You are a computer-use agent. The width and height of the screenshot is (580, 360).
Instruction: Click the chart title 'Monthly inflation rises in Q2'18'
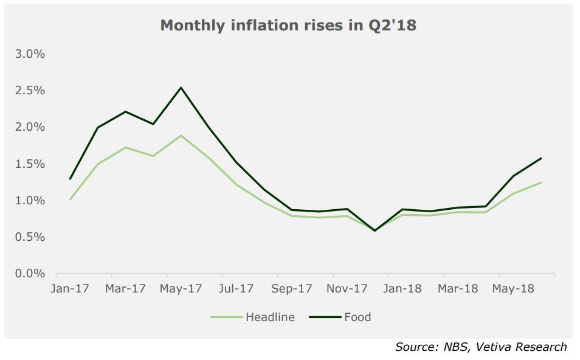(288, 26)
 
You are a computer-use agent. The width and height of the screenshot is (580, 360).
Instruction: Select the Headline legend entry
(253, 317)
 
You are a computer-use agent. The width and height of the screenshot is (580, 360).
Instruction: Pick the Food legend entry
(340, 317)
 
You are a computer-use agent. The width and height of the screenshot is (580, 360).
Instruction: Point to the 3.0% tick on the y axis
(30, 54)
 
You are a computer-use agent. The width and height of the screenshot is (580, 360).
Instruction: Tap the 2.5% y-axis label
(30, 91)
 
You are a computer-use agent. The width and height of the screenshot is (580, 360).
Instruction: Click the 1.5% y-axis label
(30, 164)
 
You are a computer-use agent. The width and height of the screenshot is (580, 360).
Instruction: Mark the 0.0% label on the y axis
(30, 274)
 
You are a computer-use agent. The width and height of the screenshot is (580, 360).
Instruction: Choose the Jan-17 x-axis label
(70, 289)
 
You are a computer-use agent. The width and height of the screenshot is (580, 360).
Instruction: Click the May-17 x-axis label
(181, 289)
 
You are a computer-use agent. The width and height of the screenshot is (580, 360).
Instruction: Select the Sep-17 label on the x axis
(291, 289)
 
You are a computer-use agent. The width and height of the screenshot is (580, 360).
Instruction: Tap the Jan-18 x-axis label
(402, 289)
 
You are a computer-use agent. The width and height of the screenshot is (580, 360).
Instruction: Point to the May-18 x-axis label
(513, 289)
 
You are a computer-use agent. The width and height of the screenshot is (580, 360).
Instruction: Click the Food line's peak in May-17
(181, 88)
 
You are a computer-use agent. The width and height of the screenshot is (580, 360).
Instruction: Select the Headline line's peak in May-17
(181, 136)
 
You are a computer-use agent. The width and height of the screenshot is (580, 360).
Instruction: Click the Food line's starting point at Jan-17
(71, 179)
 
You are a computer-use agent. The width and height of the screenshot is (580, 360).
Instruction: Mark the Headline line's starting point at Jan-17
(71, 200)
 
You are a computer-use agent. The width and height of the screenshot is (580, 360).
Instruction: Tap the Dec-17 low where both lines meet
(375, 230)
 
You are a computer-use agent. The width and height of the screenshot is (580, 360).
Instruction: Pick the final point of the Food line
(541, 158)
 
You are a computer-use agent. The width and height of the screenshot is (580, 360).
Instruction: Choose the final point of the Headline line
(541, 182)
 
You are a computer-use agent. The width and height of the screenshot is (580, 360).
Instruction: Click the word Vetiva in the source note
(492, 347)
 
